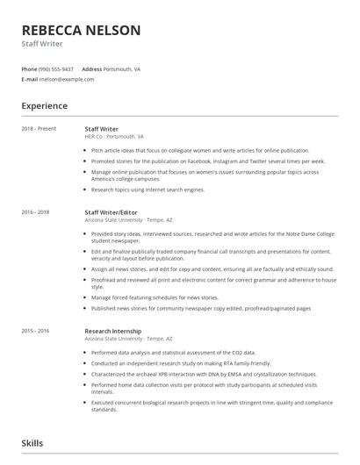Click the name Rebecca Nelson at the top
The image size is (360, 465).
pos(81,30)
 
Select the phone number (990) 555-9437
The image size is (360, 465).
pos(57,68)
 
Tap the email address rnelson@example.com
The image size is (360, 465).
pos(67,79)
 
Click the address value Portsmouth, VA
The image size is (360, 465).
pos(124,68)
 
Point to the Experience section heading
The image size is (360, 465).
pos(44,106)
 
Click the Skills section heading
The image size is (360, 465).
pos(32,444)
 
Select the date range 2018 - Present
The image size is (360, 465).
pos(39,129)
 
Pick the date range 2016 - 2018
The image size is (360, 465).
pos(35,212)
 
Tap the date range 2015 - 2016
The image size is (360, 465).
pos(35,331)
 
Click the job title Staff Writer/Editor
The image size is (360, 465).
pos(111,212)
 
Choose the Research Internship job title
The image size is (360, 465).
pos(112,331)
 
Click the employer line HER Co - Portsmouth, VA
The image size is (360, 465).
pos(114,137)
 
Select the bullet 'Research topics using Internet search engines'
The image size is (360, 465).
pos(148,190)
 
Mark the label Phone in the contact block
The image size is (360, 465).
pos(29,68)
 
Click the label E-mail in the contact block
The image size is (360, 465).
pos(30,79)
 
